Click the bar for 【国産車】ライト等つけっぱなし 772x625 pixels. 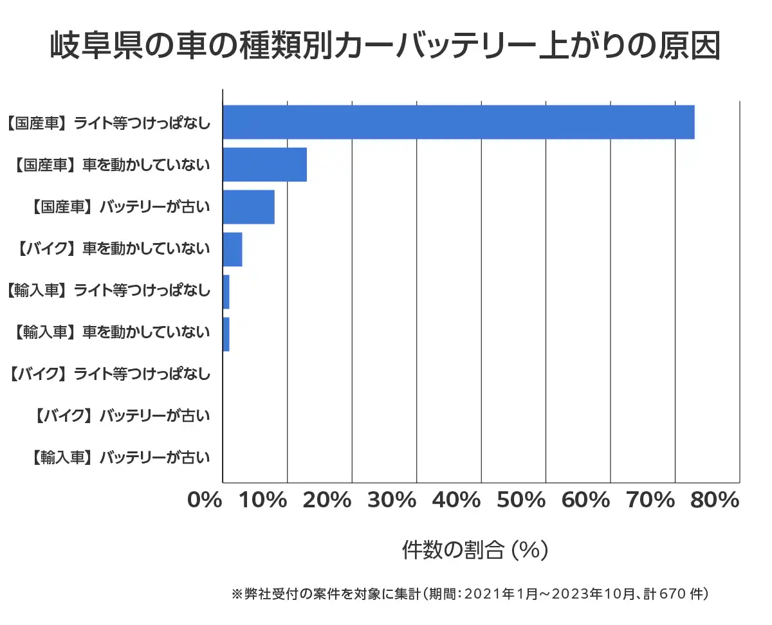458,122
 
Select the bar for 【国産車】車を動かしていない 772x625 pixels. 264,165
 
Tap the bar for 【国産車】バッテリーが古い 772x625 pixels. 248,207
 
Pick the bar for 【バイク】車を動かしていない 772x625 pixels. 232,249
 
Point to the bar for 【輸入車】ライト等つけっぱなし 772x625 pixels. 226,292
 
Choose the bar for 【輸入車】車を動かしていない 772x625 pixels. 226,334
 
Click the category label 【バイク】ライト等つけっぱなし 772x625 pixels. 110,373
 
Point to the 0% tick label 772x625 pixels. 205,500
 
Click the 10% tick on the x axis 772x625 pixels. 264,500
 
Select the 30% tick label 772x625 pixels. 393,500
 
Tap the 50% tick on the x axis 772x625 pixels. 522,500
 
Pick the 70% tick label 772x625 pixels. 650,500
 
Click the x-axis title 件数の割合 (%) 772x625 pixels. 474,550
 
